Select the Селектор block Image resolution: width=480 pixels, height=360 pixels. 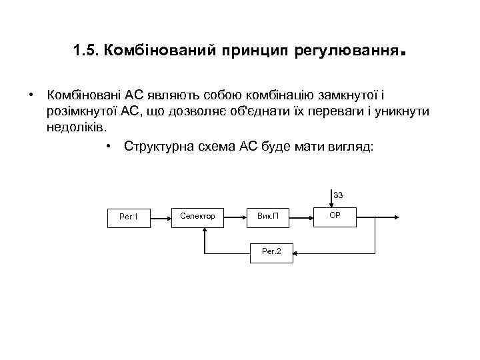tap(198, 216)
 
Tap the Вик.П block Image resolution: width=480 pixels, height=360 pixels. tap(267, 216)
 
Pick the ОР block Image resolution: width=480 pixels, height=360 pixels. tap(335, 215)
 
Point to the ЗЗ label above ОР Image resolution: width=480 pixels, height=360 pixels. tap(339, 195)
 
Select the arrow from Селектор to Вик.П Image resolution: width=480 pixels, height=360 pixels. tap(234, 216)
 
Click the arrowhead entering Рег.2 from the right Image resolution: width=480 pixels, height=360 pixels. tap(295, 252)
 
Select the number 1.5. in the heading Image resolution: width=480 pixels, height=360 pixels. tap(87, 51)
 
